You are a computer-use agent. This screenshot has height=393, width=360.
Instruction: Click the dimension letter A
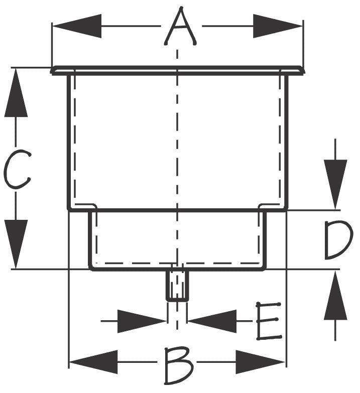(180, 26)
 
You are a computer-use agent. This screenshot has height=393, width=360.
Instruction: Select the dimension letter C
(17, 169)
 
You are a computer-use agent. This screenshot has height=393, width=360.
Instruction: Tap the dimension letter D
(338, 240)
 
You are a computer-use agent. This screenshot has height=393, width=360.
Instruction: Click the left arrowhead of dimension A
(77, 26)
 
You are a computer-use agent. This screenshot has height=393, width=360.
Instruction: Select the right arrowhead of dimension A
(278, 26)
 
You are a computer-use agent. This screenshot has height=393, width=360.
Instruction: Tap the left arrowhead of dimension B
(93, 362)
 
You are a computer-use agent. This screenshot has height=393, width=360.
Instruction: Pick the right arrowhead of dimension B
(260, 362)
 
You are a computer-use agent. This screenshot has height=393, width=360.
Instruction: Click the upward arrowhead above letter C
(16, 93)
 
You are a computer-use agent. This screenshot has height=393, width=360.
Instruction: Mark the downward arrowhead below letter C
(16, 244)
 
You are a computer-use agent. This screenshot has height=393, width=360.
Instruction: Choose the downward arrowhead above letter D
(335, 184)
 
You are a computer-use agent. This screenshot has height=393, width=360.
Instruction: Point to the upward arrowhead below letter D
(335, 295)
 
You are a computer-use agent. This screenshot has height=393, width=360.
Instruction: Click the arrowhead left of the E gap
(142, 321)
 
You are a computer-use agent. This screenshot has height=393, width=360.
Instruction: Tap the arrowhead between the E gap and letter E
(212, 321)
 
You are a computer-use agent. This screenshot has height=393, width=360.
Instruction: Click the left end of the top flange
(52, 71)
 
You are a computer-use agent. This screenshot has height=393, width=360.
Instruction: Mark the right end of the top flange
(303, 71)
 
